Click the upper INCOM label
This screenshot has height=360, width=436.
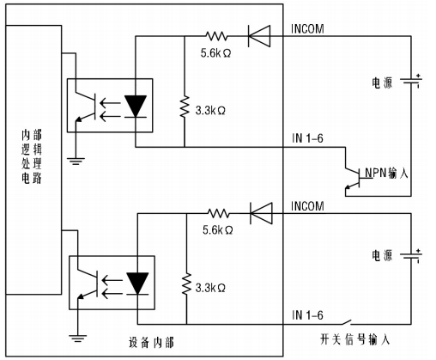(307, 28)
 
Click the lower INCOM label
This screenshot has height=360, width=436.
(307, 207)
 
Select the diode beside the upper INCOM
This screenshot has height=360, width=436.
(258, 37)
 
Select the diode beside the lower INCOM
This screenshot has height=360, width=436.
(258, 212)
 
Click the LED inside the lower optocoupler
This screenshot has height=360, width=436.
(136, 281)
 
